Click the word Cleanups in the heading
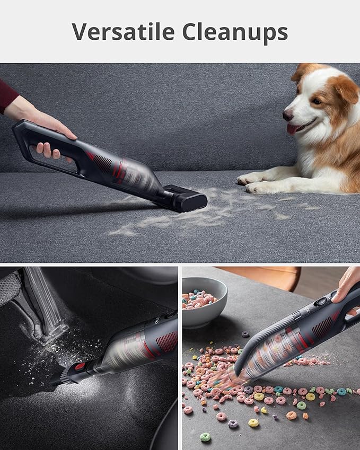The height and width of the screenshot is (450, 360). coord(235,32)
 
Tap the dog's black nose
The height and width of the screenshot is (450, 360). coord(288,114)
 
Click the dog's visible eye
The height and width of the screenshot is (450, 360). coord(317,101)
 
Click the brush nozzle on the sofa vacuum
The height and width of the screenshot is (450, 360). coord(185,198)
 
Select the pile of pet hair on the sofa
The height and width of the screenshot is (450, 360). coord(201,213)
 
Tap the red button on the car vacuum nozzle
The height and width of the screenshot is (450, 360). coord(81,367)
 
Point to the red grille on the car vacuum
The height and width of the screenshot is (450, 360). coord(167,341)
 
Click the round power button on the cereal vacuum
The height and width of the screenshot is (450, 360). coord(321,301)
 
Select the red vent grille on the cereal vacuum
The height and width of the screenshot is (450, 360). coord(323,327)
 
